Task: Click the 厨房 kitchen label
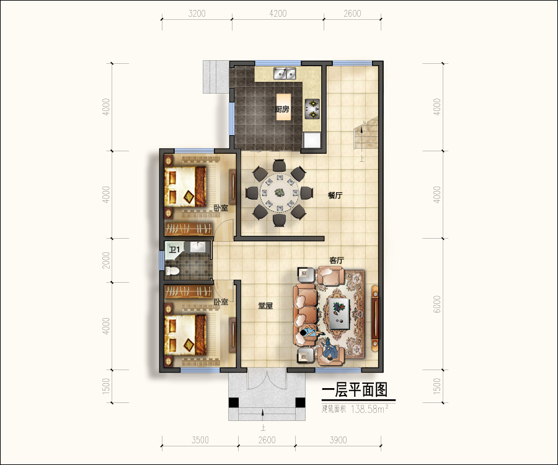click(282, 109)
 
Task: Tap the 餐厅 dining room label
click(335, 195)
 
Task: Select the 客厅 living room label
click(337, 260)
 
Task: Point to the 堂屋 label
click(265, 306)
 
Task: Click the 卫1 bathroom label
click(174, 249)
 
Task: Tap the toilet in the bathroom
click(172, 271)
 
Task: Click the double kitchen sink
click(285, 73)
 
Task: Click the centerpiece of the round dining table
click(280, 193)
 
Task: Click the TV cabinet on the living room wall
click(375, 317)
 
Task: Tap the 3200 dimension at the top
click(197, 14)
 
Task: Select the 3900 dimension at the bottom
click(338, 440)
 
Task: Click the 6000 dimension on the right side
click(437, 304)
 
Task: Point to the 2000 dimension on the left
click(106, 260)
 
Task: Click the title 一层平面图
click(355, 390)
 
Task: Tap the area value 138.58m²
click(369, 409)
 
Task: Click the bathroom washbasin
click(197, 247)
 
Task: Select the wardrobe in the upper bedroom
click(188, 229)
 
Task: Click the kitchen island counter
click(283, 107)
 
